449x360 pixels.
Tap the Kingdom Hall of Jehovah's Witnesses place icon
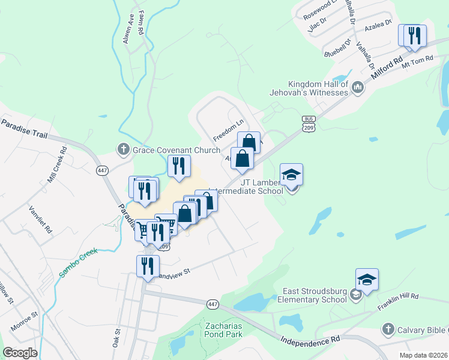coord(358,88)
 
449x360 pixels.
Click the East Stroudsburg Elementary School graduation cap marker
coord(367,280)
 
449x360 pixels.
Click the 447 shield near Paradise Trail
coord(101,171)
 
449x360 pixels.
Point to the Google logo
coord(19,352)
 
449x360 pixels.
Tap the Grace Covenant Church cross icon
coord(124,149)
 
